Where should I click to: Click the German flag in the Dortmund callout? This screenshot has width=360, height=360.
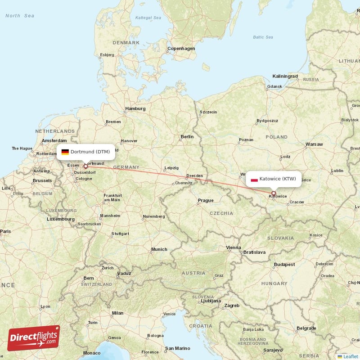point(65,152)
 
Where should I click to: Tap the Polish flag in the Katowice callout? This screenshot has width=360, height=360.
point(254,179)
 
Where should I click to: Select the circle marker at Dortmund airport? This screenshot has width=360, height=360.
point(85,166)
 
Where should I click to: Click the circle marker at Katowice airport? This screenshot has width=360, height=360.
point(273,193)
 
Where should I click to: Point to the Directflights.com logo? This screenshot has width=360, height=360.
point(34,338)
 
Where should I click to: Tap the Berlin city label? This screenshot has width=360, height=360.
point(187,136)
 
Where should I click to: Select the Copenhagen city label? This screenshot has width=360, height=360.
point(181,48)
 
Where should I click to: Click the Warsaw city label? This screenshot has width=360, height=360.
point(314,144)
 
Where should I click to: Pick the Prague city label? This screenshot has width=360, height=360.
point(206,200)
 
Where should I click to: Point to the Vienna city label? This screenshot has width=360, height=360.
point(234,247)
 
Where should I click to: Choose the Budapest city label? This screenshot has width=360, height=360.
point(284,265)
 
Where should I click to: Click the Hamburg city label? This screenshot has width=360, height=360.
point(135,108)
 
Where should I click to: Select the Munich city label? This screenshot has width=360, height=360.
point(159,249)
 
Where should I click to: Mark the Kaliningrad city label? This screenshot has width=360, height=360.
point(285,76)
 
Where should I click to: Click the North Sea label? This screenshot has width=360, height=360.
point(20,16)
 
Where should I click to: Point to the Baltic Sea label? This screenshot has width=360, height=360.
point(264,37)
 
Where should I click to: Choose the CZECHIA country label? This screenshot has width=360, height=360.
point(221,213)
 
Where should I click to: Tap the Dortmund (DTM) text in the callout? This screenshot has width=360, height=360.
point(90,152)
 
